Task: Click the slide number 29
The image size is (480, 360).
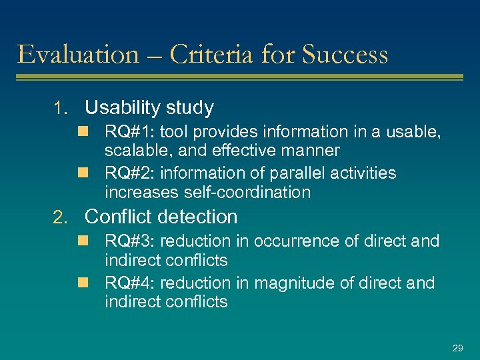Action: click(457, 348)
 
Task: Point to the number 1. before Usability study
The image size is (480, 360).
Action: click(61, 108)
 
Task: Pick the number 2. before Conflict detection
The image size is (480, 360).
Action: click(61, 217)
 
